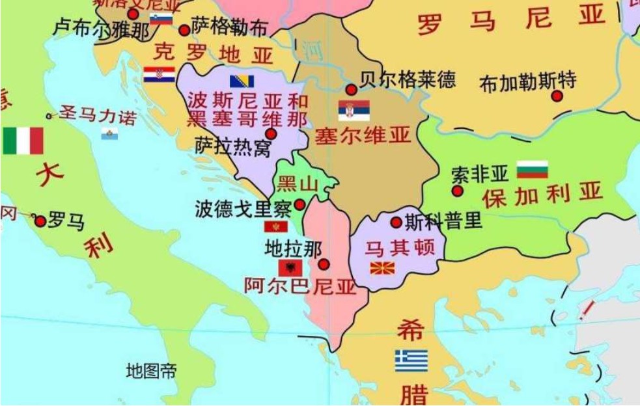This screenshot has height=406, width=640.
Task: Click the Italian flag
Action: coord(23,141)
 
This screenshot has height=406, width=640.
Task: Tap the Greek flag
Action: coord(411,360)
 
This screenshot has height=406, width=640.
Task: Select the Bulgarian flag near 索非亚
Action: coord(532,169)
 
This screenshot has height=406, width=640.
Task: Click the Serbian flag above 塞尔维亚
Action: coord(354,111)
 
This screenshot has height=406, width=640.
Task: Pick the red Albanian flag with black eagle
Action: coord(290,267)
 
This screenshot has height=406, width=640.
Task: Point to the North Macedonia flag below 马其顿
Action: coord(382,268)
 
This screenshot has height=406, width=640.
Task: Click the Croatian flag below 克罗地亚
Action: coord(159,75)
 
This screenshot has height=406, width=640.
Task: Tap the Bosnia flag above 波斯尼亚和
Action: coord(242,81)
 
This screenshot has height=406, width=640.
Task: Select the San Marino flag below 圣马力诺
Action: coord(109,135)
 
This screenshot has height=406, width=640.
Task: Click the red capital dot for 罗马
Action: coord(40,221)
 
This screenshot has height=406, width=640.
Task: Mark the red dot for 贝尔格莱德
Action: coord(351,90)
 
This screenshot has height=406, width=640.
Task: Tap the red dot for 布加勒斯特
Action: coord(557,96)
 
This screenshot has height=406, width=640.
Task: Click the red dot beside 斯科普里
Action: coord(396,223)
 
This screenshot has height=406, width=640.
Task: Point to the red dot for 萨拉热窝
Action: coord(271,134)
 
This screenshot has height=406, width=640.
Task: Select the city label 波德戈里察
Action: coord(242,208)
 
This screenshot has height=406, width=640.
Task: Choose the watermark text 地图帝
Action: coord(151,371)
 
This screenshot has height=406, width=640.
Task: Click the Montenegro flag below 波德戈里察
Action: coord(275,227)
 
